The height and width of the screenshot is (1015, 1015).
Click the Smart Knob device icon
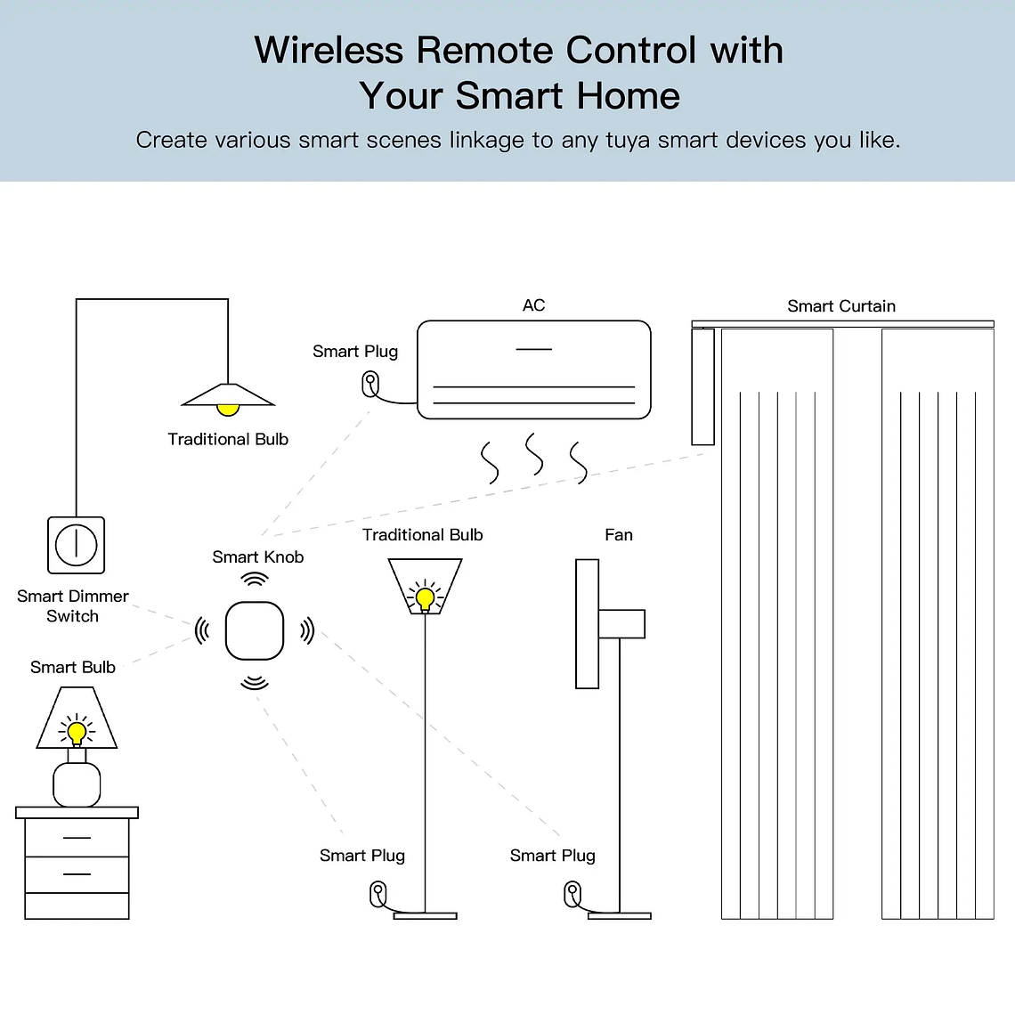click(x=255, y=630)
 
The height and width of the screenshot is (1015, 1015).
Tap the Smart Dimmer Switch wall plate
click(x=76, y=545)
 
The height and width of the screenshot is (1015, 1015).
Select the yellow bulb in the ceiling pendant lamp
click(x=228, y=410)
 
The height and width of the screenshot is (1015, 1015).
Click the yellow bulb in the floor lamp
click(x=425, y=597)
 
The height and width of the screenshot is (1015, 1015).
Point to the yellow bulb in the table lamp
click(x=77, y=733)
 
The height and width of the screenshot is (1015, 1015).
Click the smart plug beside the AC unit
click(x=370, y=385)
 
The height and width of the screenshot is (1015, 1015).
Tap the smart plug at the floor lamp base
click(x=378, y=893)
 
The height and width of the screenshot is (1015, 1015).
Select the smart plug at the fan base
click(x=572, y=893)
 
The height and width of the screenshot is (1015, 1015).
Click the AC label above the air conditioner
click(x=533, y=305)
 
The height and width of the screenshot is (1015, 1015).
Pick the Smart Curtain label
click(x=840, y=306)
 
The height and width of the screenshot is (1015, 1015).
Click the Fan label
click(x=618, y=535)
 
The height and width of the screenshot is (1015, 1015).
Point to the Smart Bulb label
click(x=73, y=668)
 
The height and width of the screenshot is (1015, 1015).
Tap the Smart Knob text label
click(x=257, y=557)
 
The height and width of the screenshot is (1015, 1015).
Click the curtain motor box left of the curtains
click(x=702, y=386)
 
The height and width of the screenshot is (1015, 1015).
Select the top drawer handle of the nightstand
click(x=77, y=838)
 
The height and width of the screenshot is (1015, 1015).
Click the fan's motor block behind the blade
click(x=621, y=623)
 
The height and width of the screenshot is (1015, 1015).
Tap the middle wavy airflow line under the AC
click(x=534, y=455)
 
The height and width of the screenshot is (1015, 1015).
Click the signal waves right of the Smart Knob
click(x=307, y=630)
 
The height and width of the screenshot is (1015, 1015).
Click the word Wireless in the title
click(x=329, y=51)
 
